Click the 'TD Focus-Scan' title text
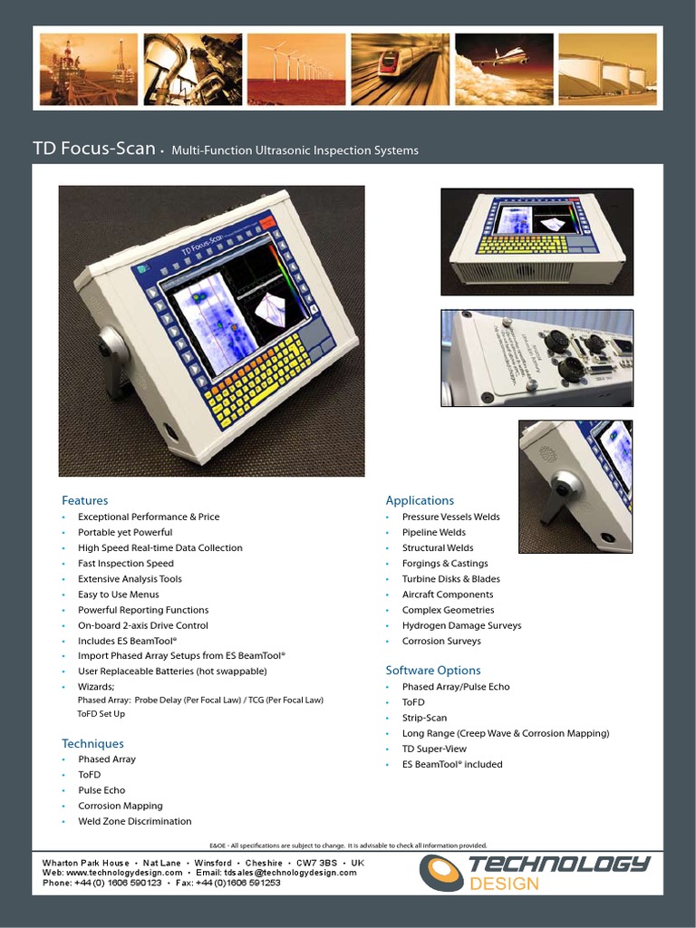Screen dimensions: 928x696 pyautogui.click(x=94, y=149)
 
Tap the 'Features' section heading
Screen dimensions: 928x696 pyautogui.click(x=84, y=500)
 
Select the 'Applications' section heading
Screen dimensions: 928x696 pyautogui.click(x=420, y=500)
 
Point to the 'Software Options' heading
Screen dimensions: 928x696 pyautogui.click(x=433, y=671)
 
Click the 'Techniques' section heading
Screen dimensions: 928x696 pyautogui.click(x=92, y=743)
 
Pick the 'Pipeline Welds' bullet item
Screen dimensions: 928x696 pyautogui.click(x=434, y=533)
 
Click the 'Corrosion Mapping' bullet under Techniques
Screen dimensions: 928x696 pyautogui.click(x=121, y=806)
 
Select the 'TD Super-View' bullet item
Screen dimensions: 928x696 pyautogui.click(x=435, y=749)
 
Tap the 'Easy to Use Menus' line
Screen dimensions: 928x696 pyautogui.click(x=119, y=594)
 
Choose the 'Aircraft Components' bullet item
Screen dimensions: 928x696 pyautogui.click(x=448, y=594)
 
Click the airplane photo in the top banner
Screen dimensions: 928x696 pyautogui.click(x=504, y=69)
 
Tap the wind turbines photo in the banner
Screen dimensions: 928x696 pyautogui.click(x=296, y=69)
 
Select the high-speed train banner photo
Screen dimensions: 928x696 pyautogui.click(x=400, y=69)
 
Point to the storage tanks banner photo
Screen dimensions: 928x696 pyautogui.click(x=607, y=69)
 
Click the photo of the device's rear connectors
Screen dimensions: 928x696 pyautogui.click(x=536, y=358)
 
